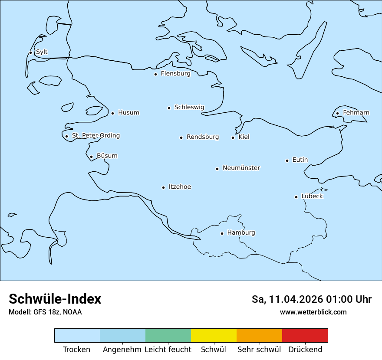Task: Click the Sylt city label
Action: click(x=42, y=52)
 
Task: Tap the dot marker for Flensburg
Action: click(x=155, y=74)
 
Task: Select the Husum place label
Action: click(x=128, y=113)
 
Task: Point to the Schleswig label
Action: click(x=189, y=107)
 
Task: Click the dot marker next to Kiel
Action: click(x=233, y=137)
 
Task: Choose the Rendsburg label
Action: click(x=203, y=137)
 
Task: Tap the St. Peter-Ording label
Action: click(x=95, y=136)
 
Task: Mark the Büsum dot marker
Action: click(x=91, y=157)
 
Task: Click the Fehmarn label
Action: click(x=356, y=113)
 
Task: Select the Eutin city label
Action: click(x=300, y=160)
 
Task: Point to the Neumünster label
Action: click(x=241, y=168)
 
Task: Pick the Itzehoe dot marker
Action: click(x=163, y=187)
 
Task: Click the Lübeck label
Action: click(x=312, y=196)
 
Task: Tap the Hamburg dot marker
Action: click(x=222, y=233)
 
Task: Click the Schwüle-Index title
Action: click(x=55, y=299)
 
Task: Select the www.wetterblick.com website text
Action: click(x=313, y=312)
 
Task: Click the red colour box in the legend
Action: click(x=305, y=335)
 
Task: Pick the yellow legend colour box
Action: click(x=214, y=335)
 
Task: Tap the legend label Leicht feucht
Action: click(x=168, y=350)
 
